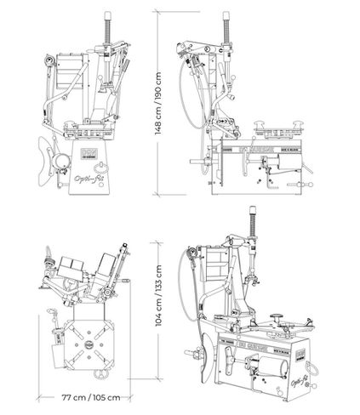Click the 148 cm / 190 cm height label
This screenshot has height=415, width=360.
click(157, 106)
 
